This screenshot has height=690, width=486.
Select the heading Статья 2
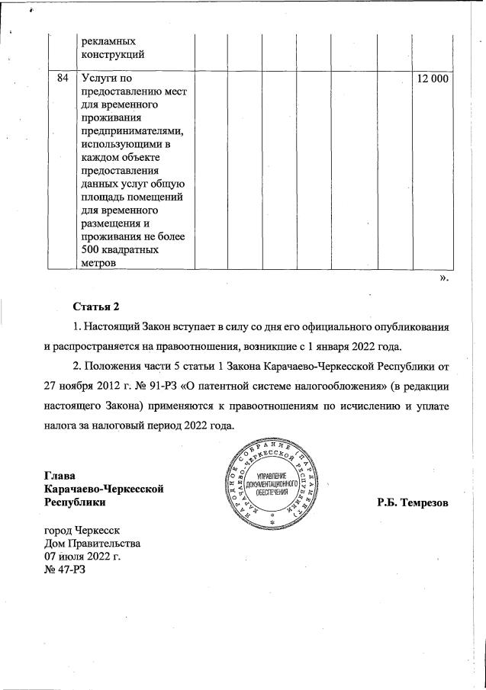(96, 307)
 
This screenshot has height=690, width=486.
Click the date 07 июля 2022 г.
(83, 557)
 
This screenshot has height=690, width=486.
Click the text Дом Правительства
(92, 544)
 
